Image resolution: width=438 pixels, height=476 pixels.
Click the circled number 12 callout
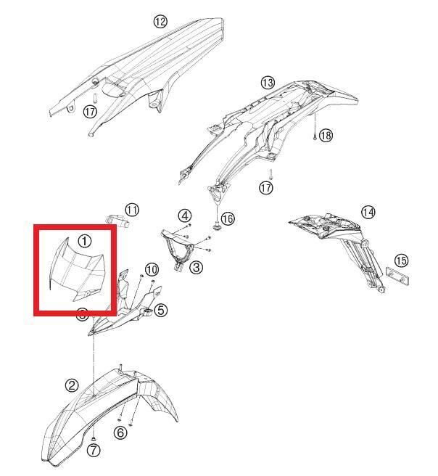[160, 22]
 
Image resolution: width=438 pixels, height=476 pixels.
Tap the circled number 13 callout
[268, 83]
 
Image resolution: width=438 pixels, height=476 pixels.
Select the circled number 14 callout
[368, 212]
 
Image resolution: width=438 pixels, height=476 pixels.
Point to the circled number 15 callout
[401, 260]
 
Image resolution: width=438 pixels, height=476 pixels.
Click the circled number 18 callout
[326, 135]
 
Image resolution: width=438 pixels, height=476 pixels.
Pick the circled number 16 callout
[228, 218]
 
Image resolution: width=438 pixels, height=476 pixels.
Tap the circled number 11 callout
[132, 210]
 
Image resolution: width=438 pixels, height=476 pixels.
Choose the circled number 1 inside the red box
[85, 242]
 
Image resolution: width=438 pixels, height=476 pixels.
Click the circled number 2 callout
[72, 385]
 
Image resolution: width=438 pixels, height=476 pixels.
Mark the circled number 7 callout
[94, 450]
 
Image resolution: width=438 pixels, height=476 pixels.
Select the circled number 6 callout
[120, 432]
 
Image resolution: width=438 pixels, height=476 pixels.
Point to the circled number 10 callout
[152, 269]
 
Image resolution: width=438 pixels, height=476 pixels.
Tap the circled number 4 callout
[185, 216]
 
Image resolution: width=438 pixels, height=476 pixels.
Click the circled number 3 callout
[197, 268]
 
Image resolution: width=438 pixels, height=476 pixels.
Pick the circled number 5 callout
[160, 311]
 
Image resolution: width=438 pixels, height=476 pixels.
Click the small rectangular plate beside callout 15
[397, 276]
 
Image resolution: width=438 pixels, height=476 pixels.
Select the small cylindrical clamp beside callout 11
[117, 220]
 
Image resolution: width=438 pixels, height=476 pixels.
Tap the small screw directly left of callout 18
[315, 136]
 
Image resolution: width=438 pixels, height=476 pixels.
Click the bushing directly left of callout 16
[217, 226]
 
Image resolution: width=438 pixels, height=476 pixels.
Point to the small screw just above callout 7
[94, 439]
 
